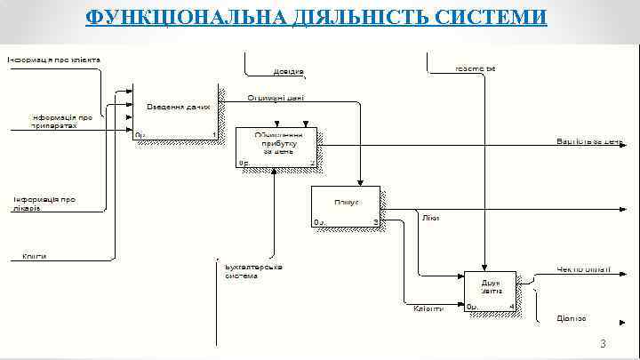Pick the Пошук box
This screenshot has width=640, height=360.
(346, 206)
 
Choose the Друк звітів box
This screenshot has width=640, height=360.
(491, 290)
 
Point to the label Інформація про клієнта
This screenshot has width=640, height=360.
(54, 60)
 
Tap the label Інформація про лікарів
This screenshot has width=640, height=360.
(44, 204)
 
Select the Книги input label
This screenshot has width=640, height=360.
(35, 256)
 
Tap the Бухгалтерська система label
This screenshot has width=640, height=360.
(253, 270)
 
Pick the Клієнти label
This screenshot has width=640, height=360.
(428, 308)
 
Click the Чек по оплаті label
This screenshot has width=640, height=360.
(584, 268)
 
